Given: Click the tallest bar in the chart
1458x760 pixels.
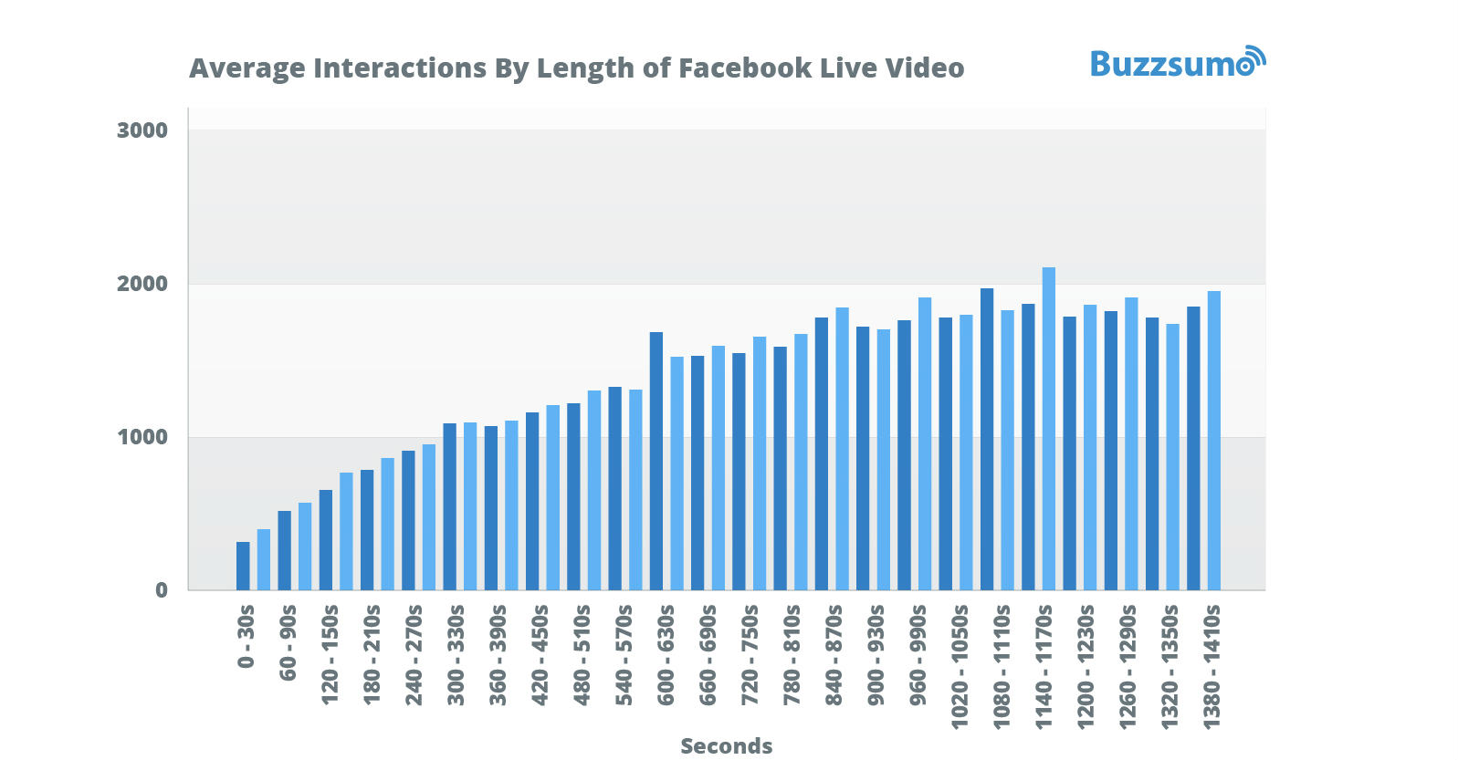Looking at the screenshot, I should [x=1048, y=428].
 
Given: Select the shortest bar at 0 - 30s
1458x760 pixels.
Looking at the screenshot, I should [x=243, y=566].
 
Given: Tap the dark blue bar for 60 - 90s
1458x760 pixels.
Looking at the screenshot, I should [x=284, y=550].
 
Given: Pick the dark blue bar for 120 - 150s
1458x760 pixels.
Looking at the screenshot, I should [x=326, y=539].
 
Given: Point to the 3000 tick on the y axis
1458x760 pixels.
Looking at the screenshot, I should [x=142, y=130].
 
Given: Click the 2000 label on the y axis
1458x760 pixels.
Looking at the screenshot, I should [x=142, y=284].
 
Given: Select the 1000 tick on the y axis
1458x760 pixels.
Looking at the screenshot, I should [x=142, y=437].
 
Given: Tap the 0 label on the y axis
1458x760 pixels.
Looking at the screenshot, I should [x=162, y=590].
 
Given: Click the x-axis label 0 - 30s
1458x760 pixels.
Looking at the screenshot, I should [x=246, y=637].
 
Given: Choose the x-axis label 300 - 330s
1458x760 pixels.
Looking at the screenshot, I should [x=456, y=654].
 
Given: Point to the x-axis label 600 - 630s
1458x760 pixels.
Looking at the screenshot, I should [x=666, y=654].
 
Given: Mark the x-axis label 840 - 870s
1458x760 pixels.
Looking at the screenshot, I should [x=834, y=654].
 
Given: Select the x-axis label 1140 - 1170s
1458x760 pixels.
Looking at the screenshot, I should [x=1044, y=666].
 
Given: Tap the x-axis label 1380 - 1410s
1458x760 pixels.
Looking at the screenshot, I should [x=1212, y=666].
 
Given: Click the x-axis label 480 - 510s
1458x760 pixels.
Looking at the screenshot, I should [x=582, y=654].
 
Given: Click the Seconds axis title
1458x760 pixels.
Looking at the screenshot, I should [x=726, y=746].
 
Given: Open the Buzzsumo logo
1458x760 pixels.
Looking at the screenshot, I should [x=1177, y=63].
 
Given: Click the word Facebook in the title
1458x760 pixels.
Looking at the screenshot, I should [x=745, y=68].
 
